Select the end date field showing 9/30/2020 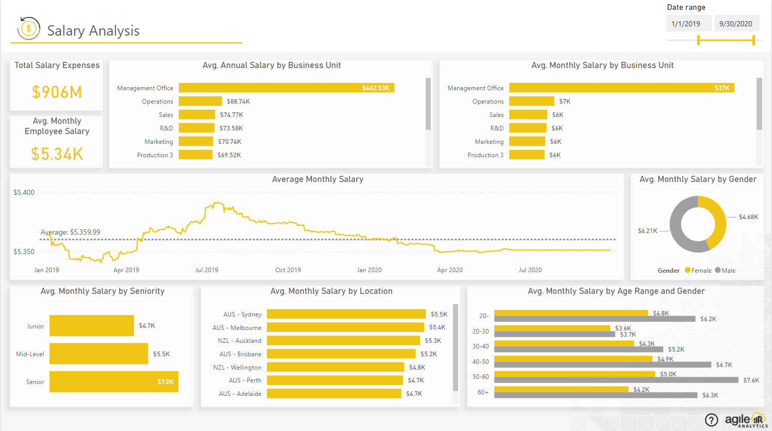736,24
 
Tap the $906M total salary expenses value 57,92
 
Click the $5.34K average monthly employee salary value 57,154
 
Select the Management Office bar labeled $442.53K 286,88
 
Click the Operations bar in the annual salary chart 200,102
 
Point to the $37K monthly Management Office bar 621,88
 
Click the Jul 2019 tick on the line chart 207,270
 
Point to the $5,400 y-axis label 24,192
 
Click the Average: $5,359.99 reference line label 71,232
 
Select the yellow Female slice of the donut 716,219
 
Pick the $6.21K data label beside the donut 647,231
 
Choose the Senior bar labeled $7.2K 113,382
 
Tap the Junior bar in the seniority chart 91,326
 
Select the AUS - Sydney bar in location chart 346,314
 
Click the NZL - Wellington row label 237,368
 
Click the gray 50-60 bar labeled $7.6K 616,380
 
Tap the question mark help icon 711,420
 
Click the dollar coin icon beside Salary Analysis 29,28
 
